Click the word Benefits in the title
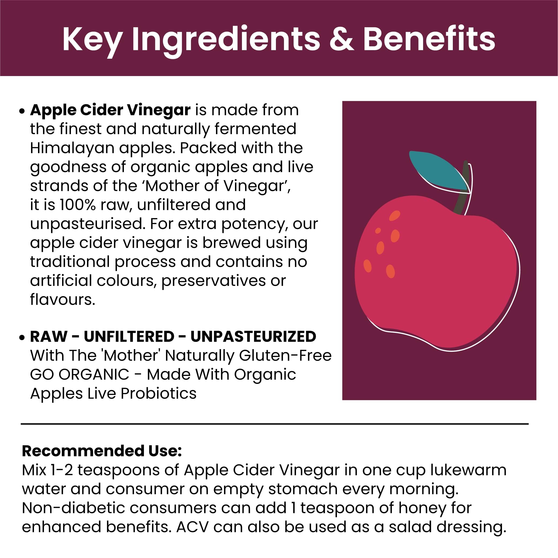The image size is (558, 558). (429, 39)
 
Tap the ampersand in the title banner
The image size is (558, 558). (342, 39)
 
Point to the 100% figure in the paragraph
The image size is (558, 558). (77, 205)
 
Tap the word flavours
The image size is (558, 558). (63, 299)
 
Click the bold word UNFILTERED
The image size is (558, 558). (129, 336)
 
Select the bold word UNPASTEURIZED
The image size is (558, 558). (253, 336)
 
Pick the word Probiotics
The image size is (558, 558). (158, 394)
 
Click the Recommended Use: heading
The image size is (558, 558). (102, 451)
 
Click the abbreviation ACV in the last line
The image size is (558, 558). (192, 527)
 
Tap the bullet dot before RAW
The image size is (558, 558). (22, 337)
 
